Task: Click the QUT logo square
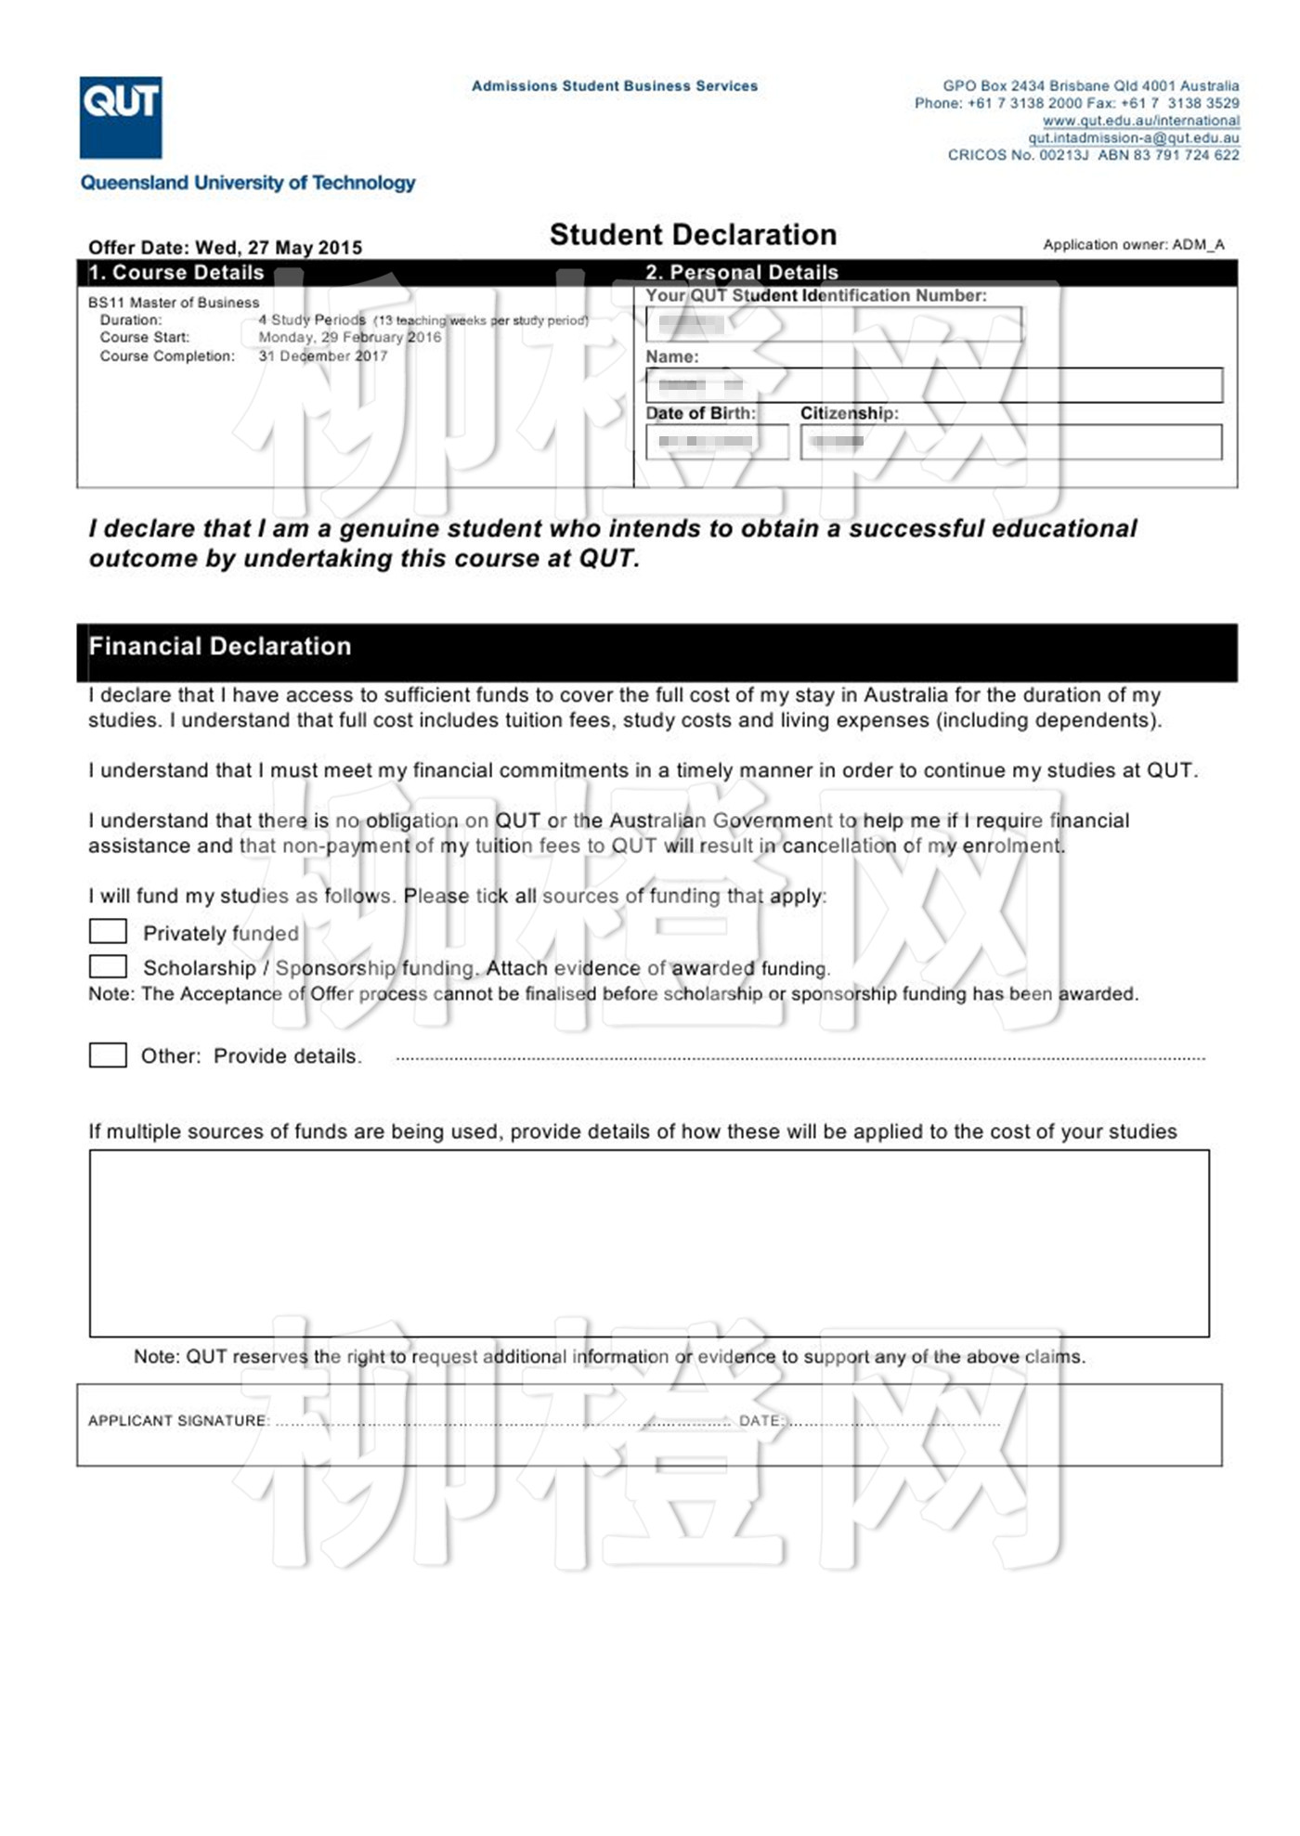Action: (121, 117)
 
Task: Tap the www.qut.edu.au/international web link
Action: (1140, 121)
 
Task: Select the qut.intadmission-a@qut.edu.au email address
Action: (1133, 138)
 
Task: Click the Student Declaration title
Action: (693, 235)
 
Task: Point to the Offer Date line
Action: (225, 248)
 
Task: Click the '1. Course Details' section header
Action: (176, 273)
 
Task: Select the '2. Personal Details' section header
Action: (742, 273)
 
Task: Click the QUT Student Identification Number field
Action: (833, 325)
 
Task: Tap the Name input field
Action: (933, 385)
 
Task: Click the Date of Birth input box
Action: (717, 442)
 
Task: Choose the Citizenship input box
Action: (1010, 442)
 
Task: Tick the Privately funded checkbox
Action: (108, 931)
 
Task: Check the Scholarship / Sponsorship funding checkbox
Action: (108, 967)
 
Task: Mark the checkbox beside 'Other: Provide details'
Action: (108, 1055)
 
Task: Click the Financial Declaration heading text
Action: (220, 647)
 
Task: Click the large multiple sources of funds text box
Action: (649, 1243)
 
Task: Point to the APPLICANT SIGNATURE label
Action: (176, 1420)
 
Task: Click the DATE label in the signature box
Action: (760, 1420)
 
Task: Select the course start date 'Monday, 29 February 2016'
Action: (349, 338)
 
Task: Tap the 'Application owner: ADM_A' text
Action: (1133, 245)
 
